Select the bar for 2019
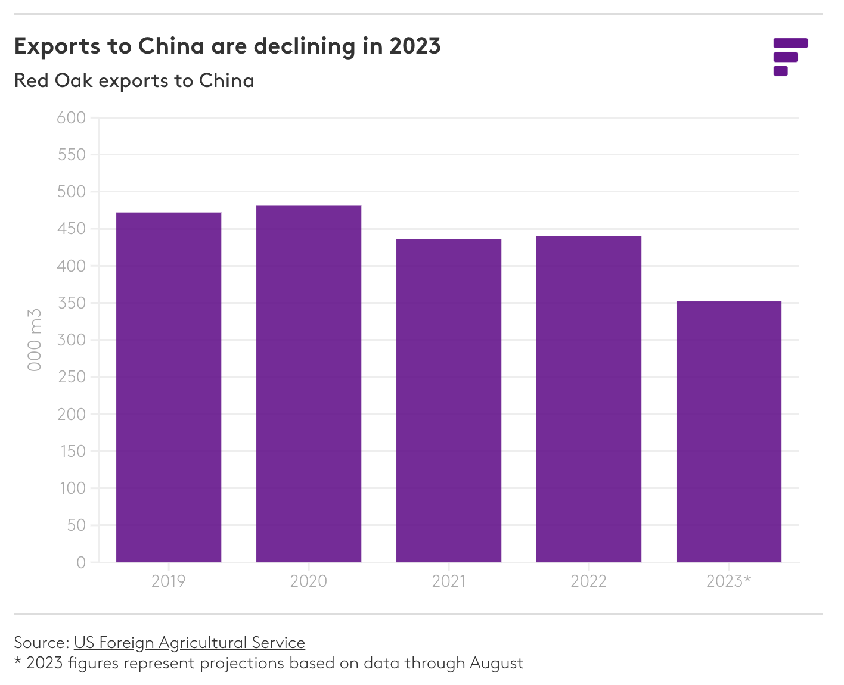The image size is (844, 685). pyautogui.click(x=169, y=387)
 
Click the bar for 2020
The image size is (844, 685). pyautogui.click(x=309, y=384)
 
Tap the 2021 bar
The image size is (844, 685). pyautogui.click(x=449, y=400)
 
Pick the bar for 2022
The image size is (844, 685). pyautogui.click(x=589, y=399)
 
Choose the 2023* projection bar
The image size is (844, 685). pyautogui.click(x=729, y=432)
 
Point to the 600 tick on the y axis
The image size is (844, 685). pyautogui.click(x=72, y=118)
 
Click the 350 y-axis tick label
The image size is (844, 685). pyautogui.click(x=72, y=303)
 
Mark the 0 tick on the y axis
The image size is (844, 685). pyautogui.click(x=81, y=562)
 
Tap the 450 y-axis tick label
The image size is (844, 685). pyautogui.click(x=72, y=229)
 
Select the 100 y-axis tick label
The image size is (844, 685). pyautogui.click(x=72, y=488)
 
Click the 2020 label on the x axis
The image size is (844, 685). pyautogui.click(x=309, y=581)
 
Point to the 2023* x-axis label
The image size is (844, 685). pyautogui.click(x=728, y=581)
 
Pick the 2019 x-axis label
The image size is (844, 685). pyautogui.click(x=169, y=581)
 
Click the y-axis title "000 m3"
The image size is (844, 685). pyautogui.click(x=35, y=340)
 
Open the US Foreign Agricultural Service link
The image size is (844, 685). pyautogui.click(x=190, y=643)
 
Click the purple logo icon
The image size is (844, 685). pyautogui.click(x=790, y=57)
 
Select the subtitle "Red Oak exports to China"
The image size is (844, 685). pyautogui.click(x=134, y=80)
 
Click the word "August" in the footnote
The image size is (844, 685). pyautogui.click(x=496, y=663)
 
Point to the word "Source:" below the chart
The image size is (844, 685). pyautogui.click(x=42, y=643)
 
